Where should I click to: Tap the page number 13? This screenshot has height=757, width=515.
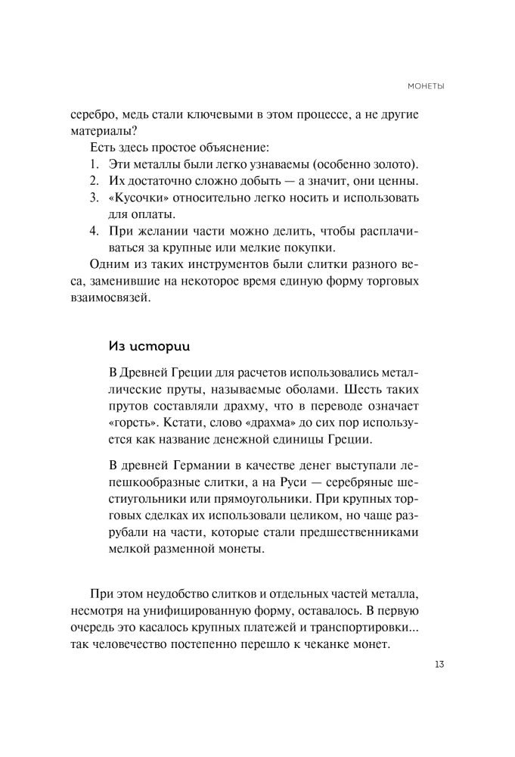[x=439, y=664]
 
